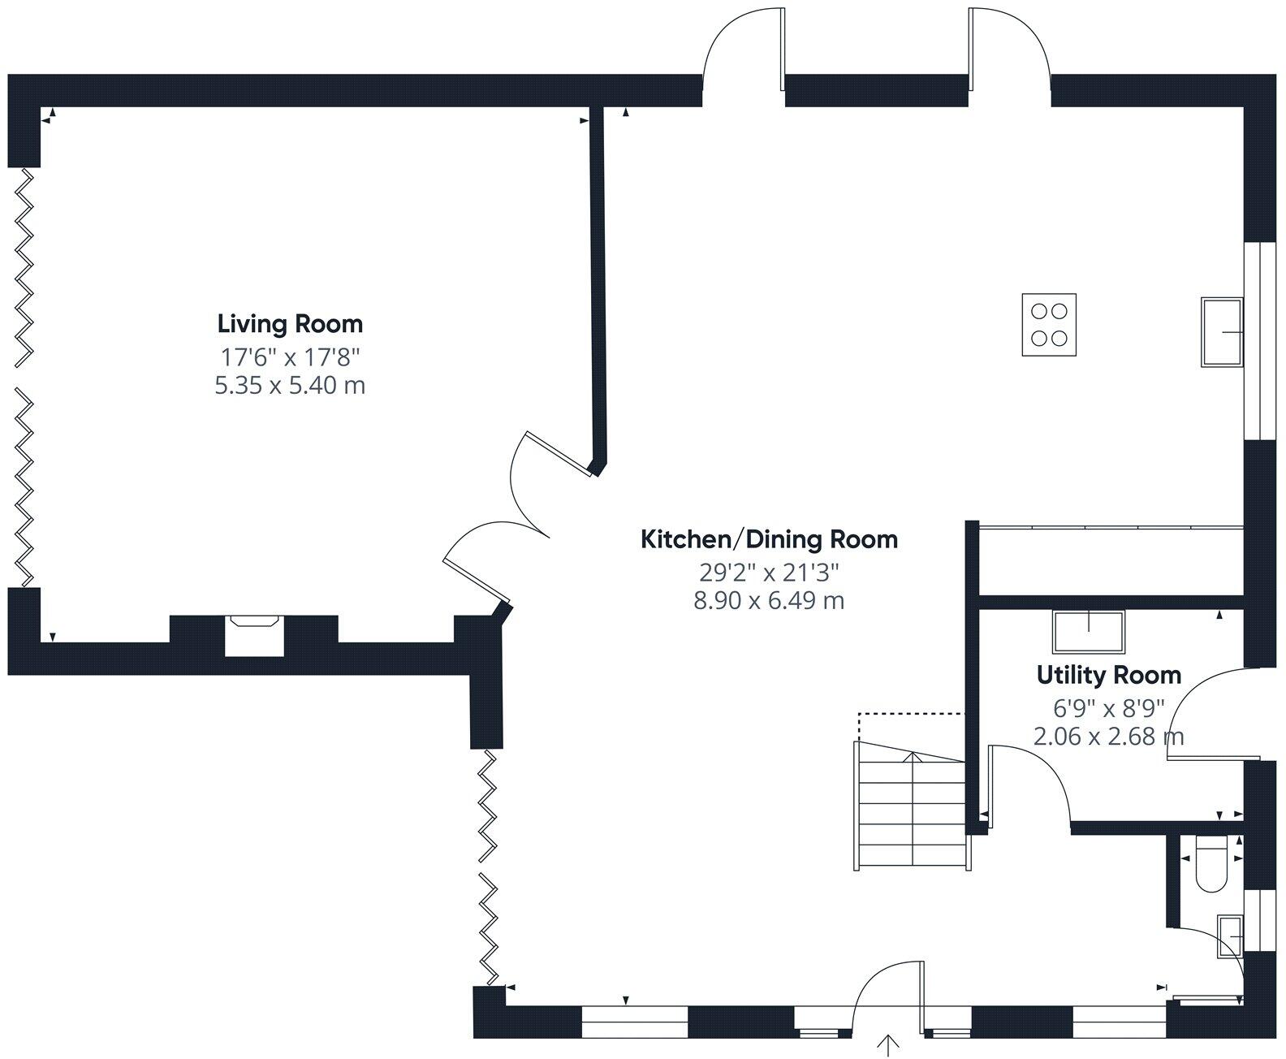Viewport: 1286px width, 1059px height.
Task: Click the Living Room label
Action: coord(291,324)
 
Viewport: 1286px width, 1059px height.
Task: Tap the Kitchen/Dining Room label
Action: coord(769,540)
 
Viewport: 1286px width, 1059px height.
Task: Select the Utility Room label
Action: coord(1109,676)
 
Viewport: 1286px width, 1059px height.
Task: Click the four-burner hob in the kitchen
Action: coord(1049,325)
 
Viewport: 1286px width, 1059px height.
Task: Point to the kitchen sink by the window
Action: coord(1222,332)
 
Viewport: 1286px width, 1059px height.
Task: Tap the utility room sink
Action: coord(1089,631)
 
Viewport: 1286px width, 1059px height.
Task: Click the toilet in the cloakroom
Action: coord(1211,864)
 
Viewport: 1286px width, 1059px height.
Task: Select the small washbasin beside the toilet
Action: coord(1230,936)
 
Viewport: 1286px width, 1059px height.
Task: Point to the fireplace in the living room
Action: coord(254,636)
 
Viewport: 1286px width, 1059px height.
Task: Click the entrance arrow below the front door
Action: coord(888,1045)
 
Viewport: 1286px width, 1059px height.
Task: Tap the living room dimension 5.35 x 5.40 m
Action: coord(291,386)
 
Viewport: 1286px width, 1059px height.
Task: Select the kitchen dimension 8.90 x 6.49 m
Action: coord(769,601)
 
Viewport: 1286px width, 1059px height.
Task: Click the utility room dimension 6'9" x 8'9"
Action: coord(1109,708)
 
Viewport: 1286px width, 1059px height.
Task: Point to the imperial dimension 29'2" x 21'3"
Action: coord(769,573)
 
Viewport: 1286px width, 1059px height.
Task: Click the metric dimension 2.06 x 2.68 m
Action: coord(1109,737)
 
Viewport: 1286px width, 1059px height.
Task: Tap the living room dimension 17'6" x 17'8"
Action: coord(291,357)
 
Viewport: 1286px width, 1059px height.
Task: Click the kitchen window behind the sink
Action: coord(1260,341)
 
